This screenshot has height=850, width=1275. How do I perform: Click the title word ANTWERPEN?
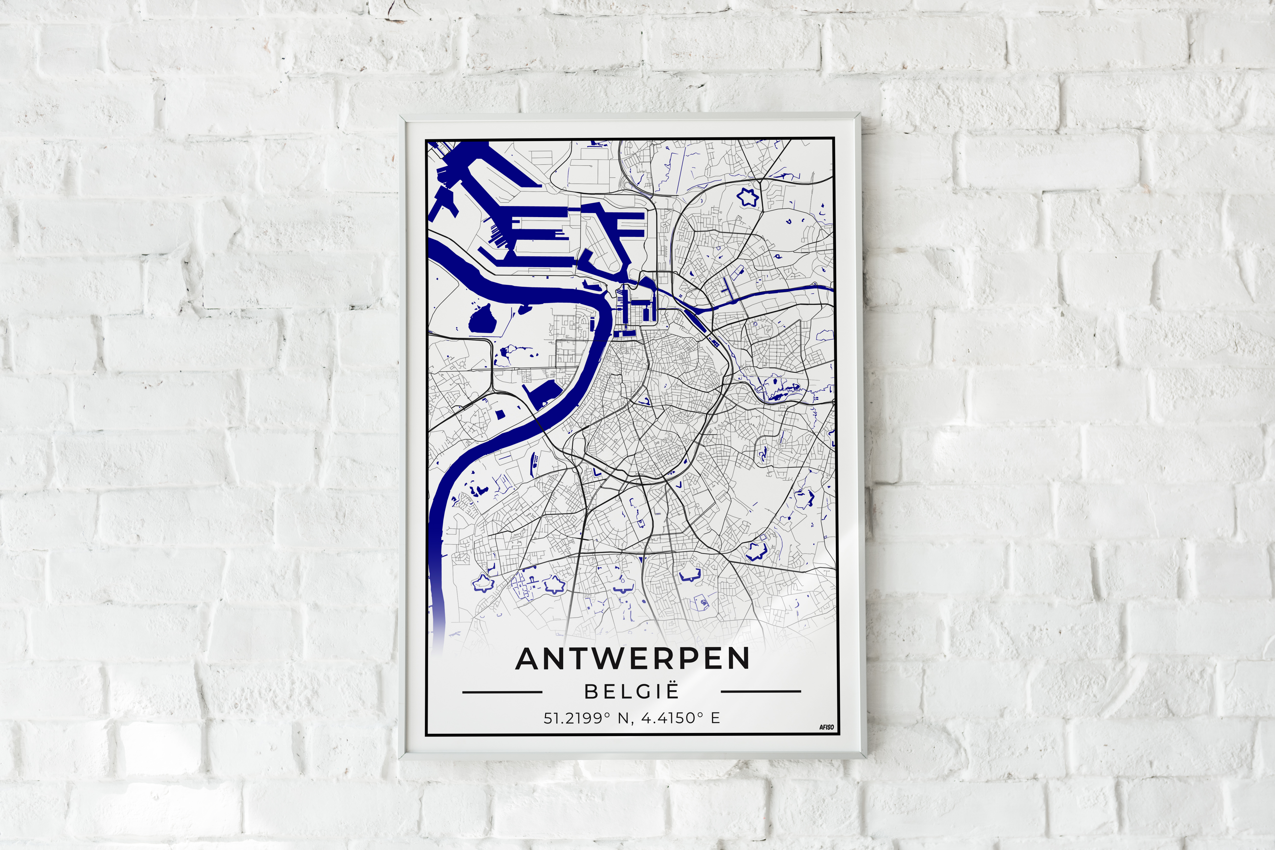pos(633,659)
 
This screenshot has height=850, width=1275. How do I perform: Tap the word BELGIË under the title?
pos(632,692)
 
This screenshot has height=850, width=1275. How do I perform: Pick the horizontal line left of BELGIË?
pos(502,692)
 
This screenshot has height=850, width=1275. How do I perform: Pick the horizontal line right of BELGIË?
pos(761,692)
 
